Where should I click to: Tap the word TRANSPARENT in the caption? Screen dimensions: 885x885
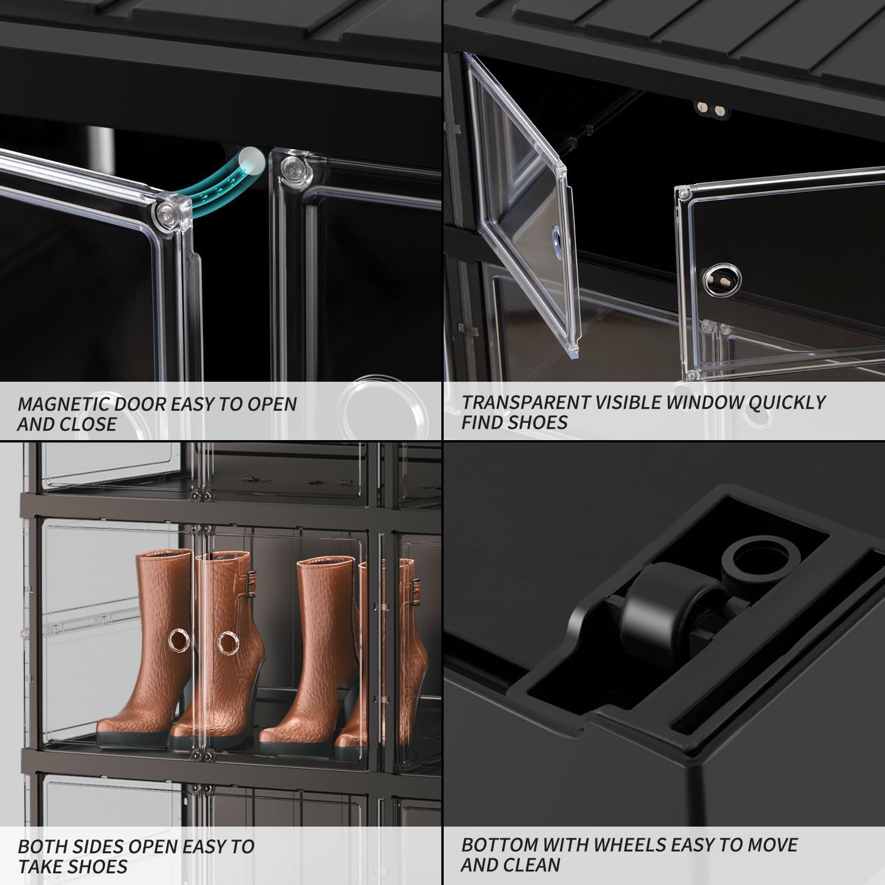524,402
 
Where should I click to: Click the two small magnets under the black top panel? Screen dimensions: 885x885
710,109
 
